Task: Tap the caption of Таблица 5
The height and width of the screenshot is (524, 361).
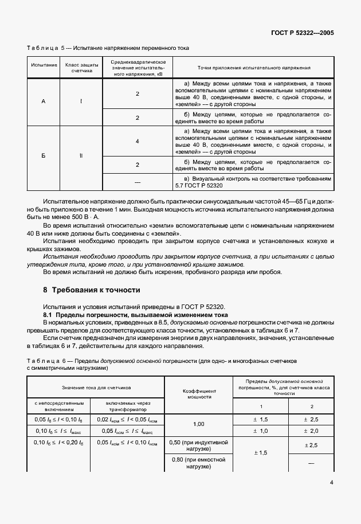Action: (108, 48)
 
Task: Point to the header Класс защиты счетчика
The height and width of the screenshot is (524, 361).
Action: (81, 68)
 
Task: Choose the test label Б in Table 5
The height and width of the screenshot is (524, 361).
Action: (44, 155)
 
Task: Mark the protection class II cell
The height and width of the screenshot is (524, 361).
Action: (81, 155)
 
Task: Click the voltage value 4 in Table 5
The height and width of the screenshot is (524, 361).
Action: (138, 141)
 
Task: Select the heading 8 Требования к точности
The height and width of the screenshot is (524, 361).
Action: (92, 290)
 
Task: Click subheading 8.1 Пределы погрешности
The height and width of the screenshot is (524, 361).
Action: (136, 315)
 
